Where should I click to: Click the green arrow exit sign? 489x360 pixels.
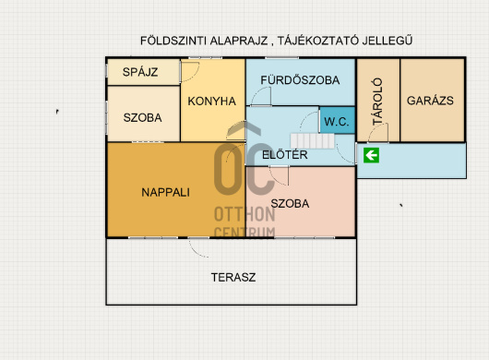pos(371,155)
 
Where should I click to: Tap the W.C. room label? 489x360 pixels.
pos(337,121)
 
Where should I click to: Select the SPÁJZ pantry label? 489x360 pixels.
pos(140,72)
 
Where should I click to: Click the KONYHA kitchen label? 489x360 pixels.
pos(212,101)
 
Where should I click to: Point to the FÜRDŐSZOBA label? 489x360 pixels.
pos(300,80)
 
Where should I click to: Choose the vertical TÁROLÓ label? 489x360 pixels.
pos(377,102)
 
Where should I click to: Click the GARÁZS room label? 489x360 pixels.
pos(430,101)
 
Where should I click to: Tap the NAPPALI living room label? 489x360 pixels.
pos(165,192)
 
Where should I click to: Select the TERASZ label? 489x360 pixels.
pos(233,277)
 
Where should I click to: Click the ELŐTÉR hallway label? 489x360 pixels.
pos(285,155)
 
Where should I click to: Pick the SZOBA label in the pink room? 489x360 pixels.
pos(290,204)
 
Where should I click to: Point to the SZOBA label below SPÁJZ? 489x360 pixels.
pos(142,117)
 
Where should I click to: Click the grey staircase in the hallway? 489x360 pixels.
pos(313,141)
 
